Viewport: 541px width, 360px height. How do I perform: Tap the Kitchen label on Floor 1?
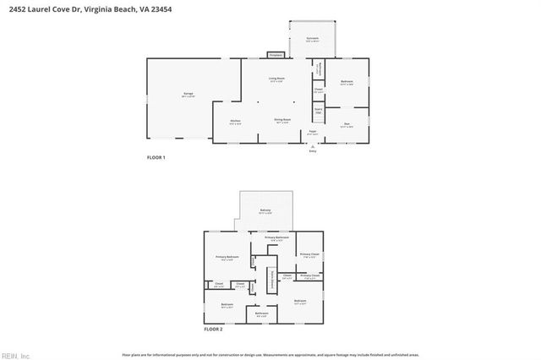(235, 122)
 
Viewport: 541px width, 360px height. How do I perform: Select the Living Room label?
(276, 79)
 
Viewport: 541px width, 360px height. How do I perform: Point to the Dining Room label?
(282, 121)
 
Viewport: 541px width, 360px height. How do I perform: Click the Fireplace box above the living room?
(275, 55)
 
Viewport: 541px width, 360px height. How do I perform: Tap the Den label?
(347, 124)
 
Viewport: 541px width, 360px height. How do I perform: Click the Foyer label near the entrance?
(312, 132)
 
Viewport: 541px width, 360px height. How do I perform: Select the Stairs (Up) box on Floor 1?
(319, 109)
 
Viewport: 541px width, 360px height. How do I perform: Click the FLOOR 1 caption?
(156, 158)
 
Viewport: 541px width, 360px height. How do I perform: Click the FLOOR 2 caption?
(213, 328)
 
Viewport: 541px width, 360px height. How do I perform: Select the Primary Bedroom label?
(227, 257)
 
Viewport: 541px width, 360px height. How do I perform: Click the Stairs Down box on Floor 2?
(271, 282)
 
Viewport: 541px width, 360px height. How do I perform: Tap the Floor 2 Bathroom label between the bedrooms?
(261, 314)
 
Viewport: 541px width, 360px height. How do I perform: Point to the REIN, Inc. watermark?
(14, 354)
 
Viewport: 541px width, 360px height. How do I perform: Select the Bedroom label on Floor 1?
(347, 82)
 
